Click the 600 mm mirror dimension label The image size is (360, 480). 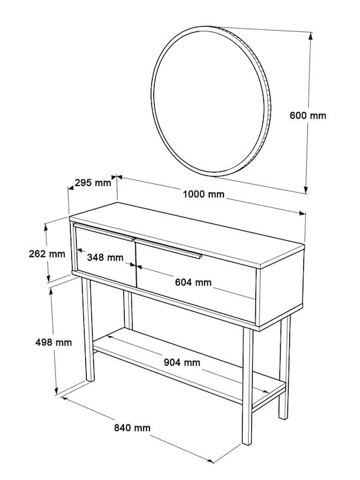(x=308, y=116)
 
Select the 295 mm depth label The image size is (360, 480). (x=93, y=183)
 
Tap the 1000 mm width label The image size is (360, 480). (x=203, y=194)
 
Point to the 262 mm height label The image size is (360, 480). (x=47, y=254)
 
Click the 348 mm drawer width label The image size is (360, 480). (x=105, y=257)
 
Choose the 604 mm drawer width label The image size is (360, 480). (x=193, y=282)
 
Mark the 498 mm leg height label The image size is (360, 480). (x=53, y=342)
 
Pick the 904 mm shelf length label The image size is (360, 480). (x=182, y=363)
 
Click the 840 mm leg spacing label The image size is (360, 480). (x=132, y=427)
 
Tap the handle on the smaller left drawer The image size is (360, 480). (x=103, y=232)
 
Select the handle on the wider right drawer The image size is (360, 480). (x=168, y=249)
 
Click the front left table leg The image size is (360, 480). (x=88, y=329)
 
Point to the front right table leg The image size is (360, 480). (x=247, y=387)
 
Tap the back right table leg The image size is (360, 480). (x=285, y=367)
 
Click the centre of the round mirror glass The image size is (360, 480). (x=209, y=101)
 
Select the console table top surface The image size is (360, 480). (x=187, y=233)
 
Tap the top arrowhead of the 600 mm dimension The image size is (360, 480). (x=311, y=36)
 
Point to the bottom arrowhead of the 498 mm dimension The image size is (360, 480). (x=56, y=391)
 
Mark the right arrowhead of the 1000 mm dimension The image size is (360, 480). (x=302, y=213)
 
